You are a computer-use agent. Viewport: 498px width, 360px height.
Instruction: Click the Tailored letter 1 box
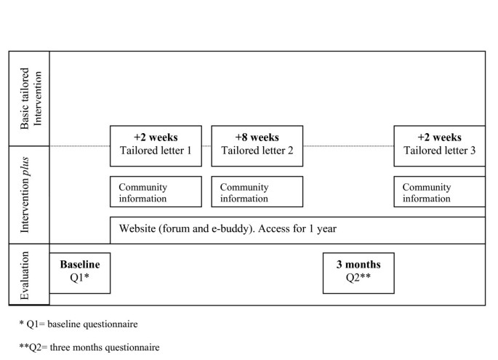coord(156,145)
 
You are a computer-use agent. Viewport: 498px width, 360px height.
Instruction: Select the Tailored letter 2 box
coord(257,145)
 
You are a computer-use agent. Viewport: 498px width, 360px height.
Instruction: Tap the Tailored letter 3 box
coord(439,145)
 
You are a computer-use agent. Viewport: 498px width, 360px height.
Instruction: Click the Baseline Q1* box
coord(79,272)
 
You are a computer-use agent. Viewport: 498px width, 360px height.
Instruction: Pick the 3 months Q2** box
coord(358,272)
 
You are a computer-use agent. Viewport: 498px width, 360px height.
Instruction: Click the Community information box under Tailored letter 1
coord(156,192)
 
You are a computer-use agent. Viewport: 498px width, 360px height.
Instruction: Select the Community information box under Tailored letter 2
coord(257,192)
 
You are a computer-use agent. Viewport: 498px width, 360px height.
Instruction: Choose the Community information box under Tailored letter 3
coord(439,192)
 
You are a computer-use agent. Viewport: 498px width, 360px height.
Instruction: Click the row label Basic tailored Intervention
coord(30,99)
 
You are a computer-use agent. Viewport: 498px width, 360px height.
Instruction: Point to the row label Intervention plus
coord(30,194)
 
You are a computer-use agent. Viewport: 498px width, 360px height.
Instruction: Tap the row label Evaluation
coord(30,274)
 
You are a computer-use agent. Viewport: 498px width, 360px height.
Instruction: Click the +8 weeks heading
coord(257,137)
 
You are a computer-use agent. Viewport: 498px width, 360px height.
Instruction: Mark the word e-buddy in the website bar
coord(223,229)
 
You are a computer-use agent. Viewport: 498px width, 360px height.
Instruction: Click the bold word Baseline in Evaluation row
coord(79,265)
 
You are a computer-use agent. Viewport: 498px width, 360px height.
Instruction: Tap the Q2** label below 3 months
coord(358,279)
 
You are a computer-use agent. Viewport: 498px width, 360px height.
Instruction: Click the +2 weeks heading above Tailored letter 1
coord(156,137)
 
